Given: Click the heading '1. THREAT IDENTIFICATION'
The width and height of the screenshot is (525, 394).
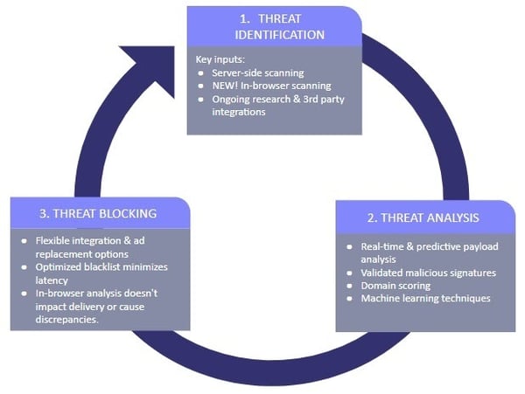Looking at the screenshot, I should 274,26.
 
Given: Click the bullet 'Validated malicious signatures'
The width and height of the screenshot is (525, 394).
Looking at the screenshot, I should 428,273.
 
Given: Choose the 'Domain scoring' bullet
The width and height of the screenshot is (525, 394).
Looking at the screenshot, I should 395,286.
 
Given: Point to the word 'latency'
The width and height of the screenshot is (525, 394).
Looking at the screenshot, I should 52,280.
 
